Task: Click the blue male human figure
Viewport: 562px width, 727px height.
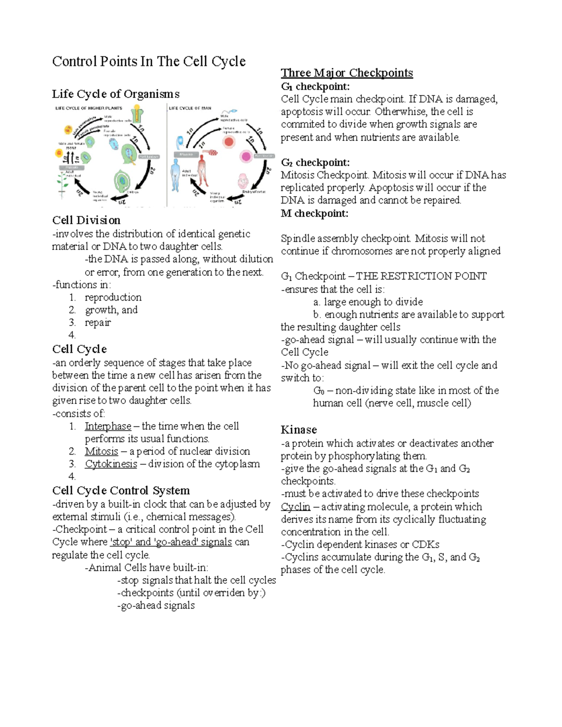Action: [x=176, y=175]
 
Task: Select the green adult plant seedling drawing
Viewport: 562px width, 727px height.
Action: [x=62, y=184]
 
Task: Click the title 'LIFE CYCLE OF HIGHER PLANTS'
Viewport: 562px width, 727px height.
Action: [x=89, y=108]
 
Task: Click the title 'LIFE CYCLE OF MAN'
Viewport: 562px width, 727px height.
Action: [x=190, y=108]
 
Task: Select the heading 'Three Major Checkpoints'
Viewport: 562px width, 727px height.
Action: [x=347, y=73]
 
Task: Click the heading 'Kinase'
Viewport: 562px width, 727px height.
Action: [x=299, y=430]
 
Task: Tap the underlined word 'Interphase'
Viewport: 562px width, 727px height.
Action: [x=108, y=426]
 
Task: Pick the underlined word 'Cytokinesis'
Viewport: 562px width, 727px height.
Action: [x=111, y=464]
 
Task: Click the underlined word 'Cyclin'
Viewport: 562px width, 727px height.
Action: [x=296, y=507]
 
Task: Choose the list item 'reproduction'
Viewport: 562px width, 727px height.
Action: [x=113, y=297]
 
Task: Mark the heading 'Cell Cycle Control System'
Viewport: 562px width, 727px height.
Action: [x=121, y=491]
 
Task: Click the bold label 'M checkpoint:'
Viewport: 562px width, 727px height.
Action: [x=314, y=213]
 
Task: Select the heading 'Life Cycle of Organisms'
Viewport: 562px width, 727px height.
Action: [x=115, y=94]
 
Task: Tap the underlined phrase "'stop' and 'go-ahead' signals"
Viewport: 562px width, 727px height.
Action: [x=171, y=542]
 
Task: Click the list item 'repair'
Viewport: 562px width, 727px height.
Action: [x=97, y=323]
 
